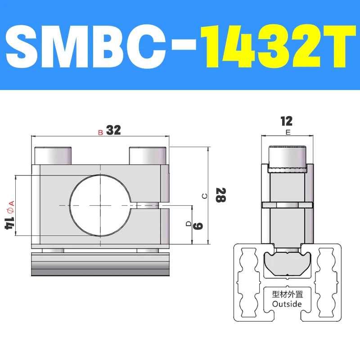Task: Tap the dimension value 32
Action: coord(114,130)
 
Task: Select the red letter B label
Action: coord(100,132)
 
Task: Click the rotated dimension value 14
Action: coord(8,222)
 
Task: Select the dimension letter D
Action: coord(189,224)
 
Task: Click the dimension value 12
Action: coord(286,121)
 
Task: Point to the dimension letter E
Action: coord(287,132)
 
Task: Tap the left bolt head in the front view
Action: coord(53,156)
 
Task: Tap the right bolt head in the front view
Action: coord(148,156)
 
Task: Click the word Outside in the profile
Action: coord(288,304)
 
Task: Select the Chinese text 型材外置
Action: coord(288,295)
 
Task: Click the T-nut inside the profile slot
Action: coord(287,265)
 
